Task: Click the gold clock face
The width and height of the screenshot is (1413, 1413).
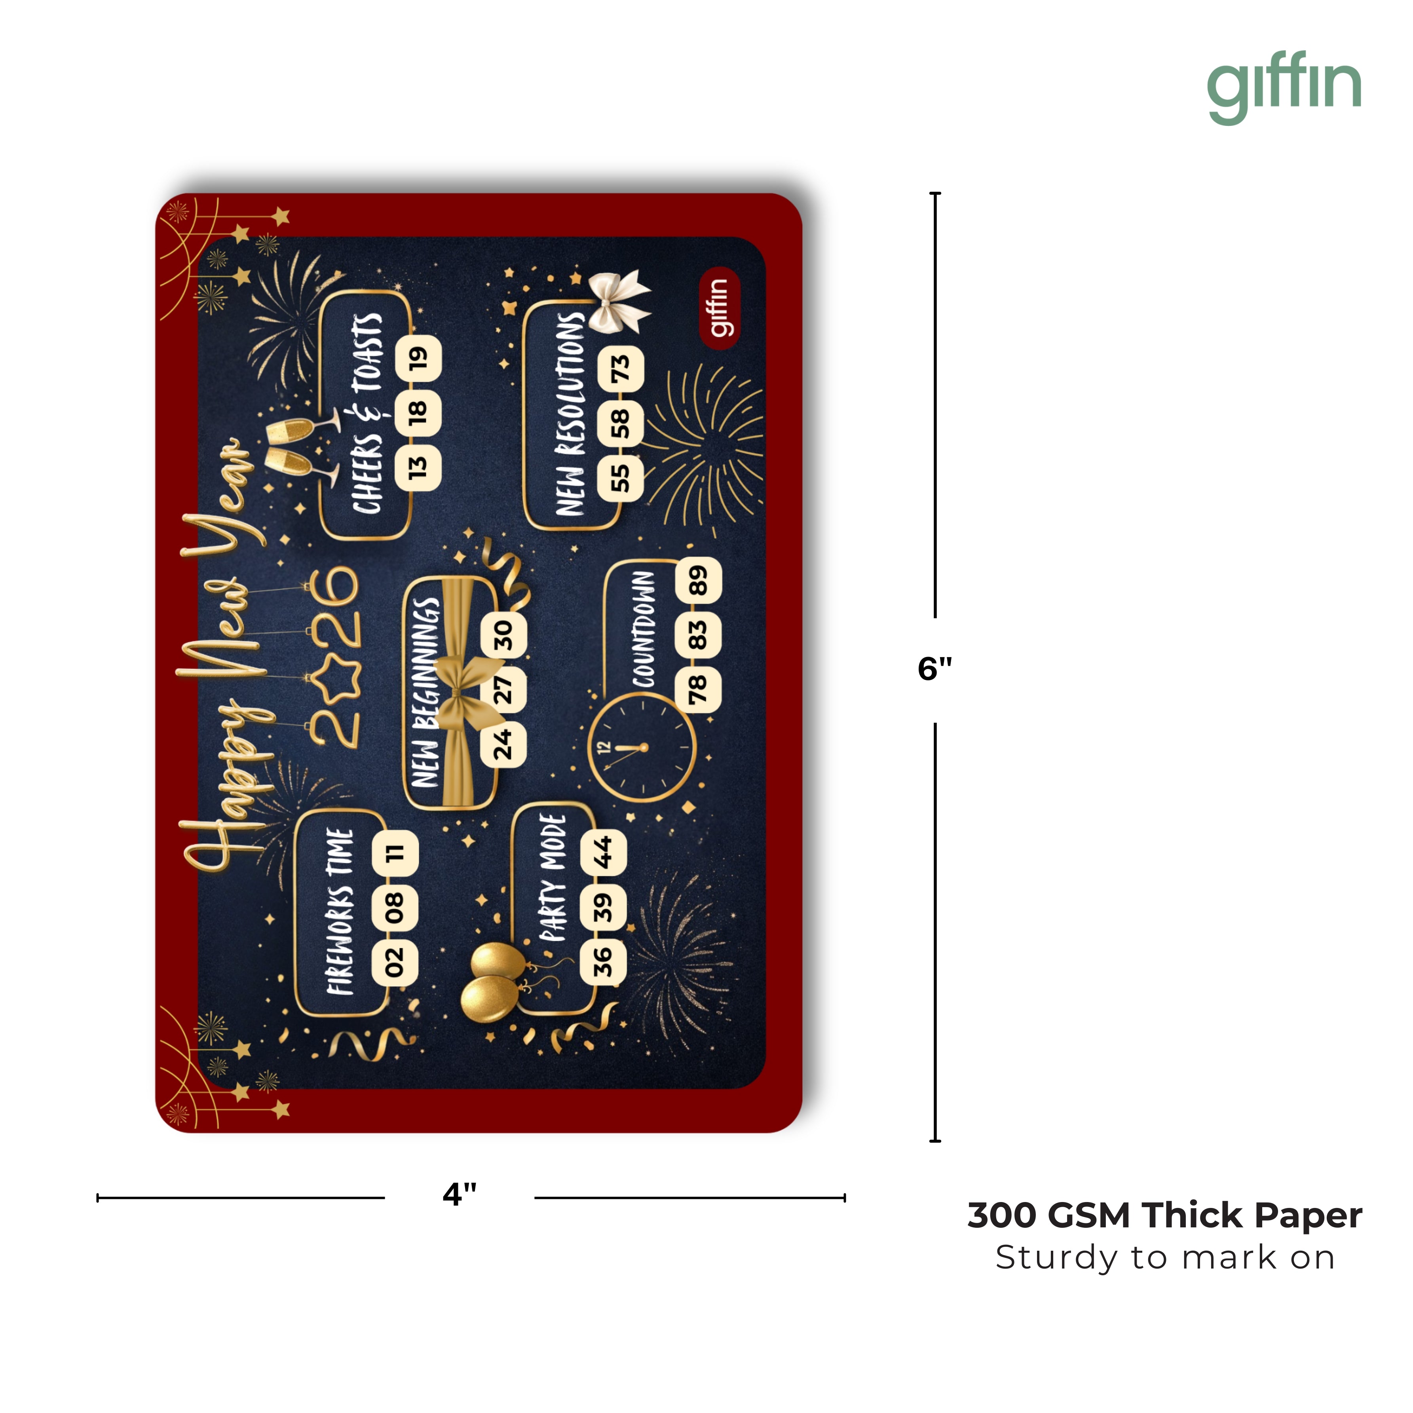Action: [x=642, y=747]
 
